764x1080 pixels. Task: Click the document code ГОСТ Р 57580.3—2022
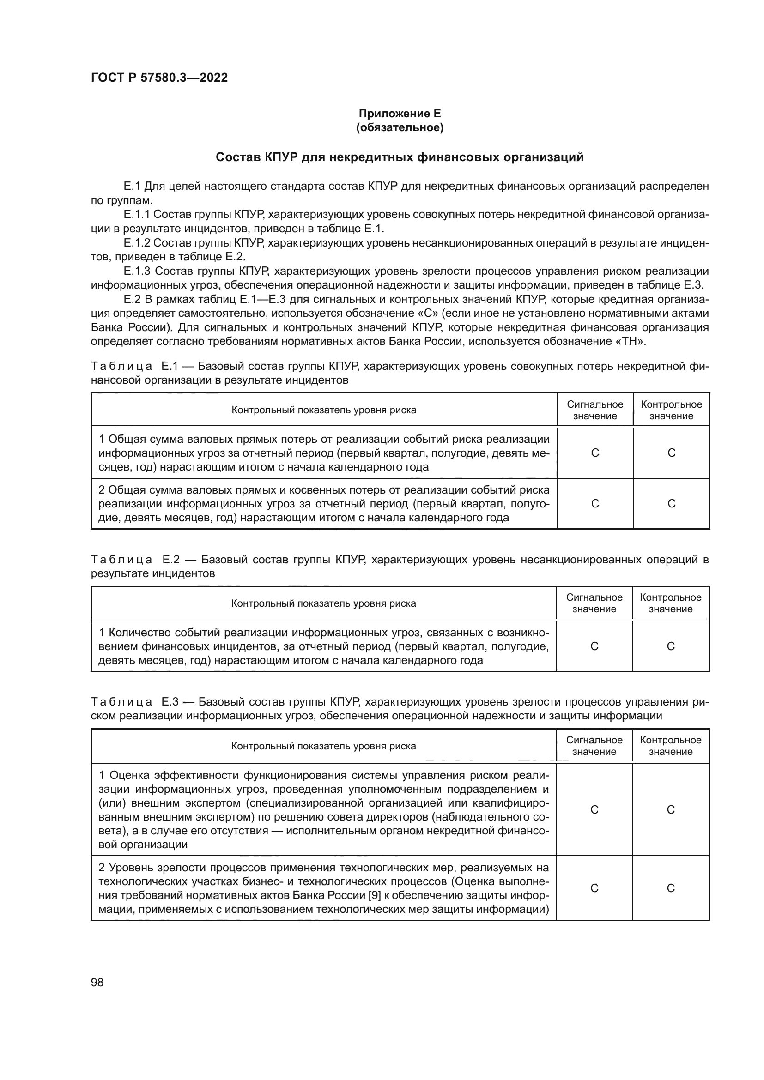159,78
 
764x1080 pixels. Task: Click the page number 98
97,982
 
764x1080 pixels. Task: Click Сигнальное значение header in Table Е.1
594,410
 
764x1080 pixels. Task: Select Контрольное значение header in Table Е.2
670,603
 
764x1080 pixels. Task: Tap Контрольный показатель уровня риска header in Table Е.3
324,746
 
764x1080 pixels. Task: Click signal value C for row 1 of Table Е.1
594,453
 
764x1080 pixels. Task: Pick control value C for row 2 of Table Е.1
671,503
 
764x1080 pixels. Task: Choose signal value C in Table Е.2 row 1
594,646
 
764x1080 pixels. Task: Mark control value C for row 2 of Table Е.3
670,888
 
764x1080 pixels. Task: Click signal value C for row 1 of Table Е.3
594,809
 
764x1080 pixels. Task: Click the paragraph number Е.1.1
136,215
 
